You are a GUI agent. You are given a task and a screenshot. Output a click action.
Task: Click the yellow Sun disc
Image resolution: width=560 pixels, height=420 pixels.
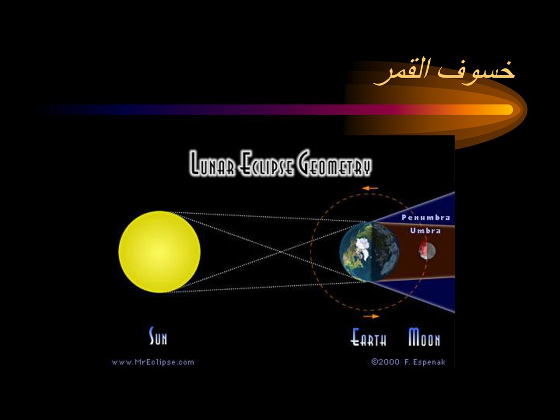coord(159,252)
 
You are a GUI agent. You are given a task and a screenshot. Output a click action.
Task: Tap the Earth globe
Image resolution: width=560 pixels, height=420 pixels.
coord(369,252)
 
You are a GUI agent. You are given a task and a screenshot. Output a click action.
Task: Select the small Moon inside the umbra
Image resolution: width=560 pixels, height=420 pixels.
coord(427,250)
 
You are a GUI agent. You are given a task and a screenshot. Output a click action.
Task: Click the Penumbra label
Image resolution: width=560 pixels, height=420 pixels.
coord(425,217)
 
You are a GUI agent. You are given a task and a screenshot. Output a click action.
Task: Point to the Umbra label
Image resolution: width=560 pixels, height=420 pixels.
coord(425,230)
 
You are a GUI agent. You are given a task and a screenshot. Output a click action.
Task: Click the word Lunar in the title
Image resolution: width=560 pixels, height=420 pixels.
coord(212,164)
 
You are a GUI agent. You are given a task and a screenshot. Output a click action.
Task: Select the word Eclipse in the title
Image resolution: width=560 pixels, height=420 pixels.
coord(266,164)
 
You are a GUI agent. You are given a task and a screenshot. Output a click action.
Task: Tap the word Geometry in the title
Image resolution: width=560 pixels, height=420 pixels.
coord(334,164)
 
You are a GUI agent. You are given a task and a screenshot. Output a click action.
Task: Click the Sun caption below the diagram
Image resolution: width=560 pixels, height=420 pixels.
coord(158,336)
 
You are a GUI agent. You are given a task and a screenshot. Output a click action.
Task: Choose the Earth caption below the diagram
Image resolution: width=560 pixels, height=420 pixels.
coord(369,337)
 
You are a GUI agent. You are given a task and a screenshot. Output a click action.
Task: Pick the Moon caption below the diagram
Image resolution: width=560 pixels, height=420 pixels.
coord(424,337)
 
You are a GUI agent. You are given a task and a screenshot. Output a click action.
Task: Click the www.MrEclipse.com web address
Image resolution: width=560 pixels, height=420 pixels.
coord(153,362)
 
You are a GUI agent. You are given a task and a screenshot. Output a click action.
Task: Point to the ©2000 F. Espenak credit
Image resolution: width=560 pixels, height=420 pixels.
coord(408,362)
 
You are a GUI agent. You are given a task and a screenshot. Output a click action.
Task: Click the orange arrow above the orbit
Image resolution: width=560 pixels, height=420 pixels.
coord(370,188)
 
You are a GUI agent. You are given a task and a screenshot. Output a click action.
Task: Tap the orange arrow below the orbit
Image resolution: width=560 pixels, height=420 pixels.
coord(371,317)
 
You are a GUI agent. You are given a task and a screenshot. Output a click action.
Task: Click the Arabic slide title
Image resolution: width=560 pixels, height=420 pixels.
coord(444,71)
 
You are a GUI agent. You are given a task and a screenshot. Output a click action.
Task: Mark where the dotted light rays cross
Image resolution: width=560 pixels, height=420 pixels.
coord(281,252)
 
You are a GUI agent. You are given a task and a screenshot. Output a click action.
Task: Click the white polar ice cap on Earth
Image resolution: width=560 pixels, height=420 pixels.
coord(362,248)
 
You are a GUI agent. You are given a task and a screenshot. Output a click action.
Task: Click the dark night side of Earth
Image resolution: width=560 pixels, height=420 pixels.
coord(385,252)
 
